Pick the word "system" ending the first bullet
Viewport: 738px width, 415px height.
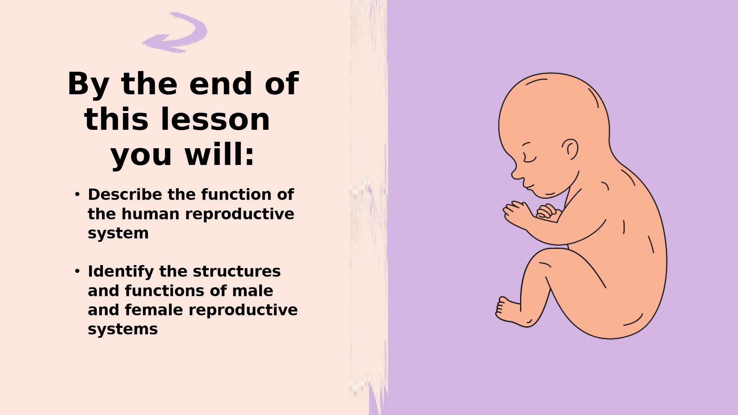[118, 234]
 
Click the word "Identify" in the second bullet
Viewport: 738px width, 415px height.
[121, 272]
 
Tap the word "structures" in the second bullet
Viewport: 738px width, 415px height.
[237, 271]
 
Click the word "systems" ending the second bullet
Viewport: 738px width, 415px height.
[123, 329]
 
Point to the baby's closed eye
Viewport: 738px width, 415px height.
[529, 158]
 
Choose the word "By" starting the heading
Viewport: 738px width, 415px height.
[88, 84]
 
